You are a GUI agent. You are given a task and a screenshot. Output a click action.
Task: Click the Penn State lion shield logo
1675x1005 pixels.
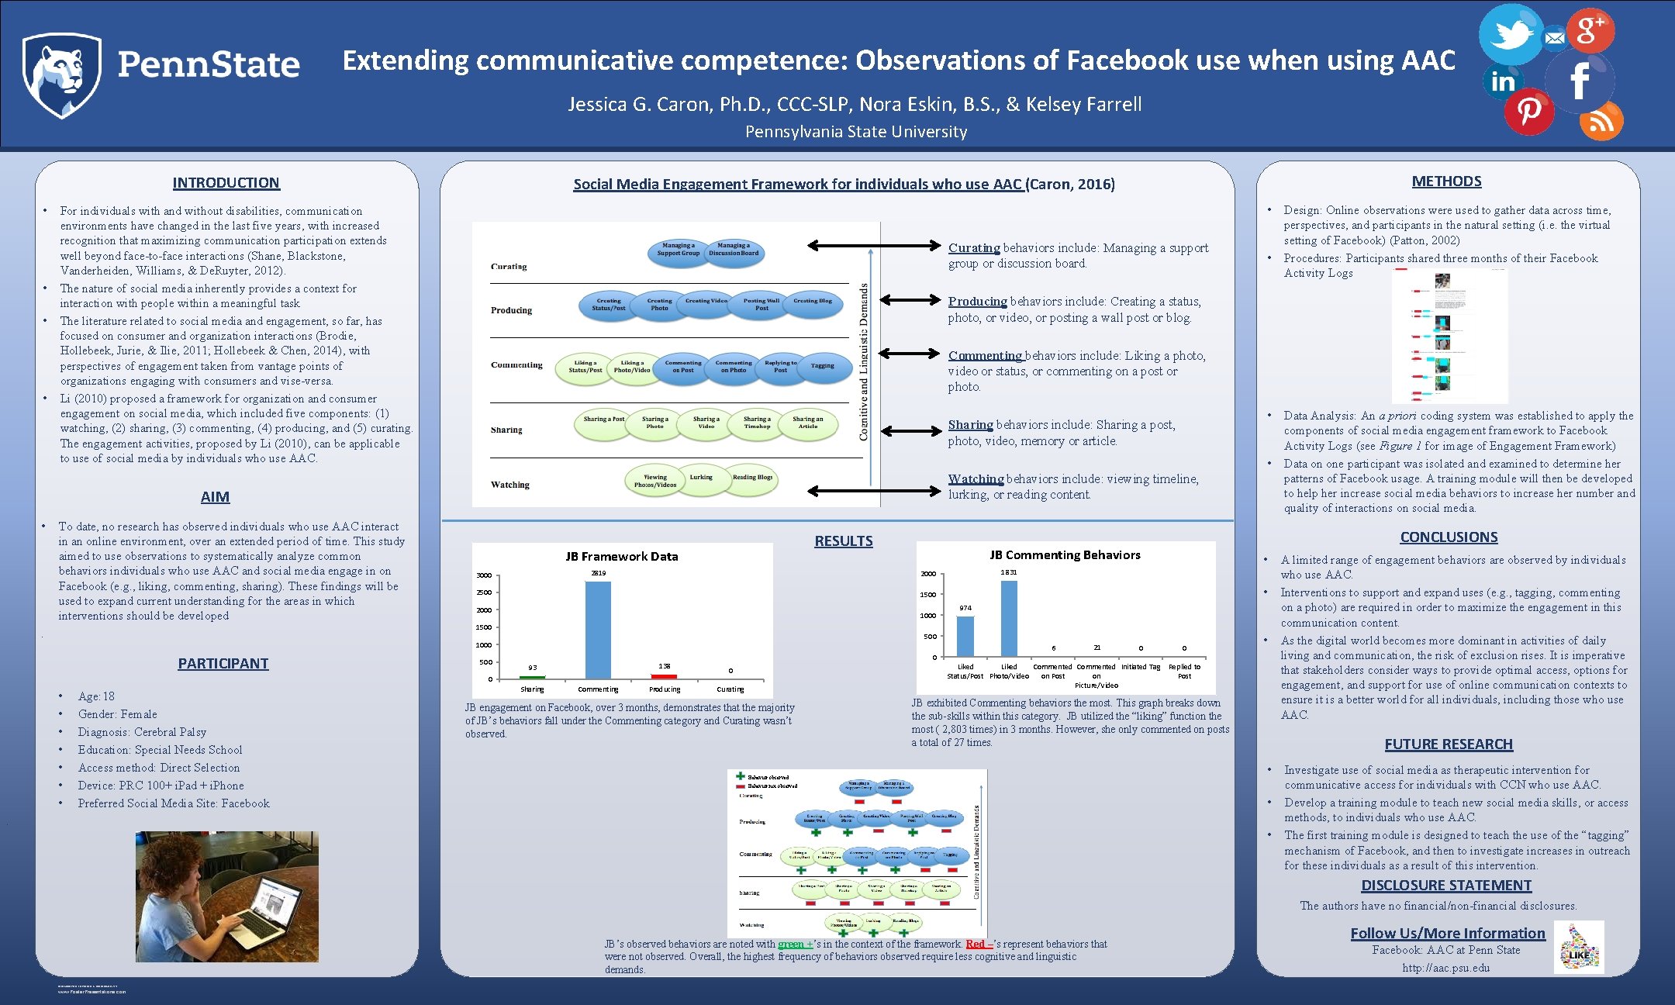tap(61, 75)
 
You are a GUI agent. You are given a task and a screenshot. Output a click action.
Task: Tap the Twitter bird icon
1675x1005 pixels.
tap(1510, 34)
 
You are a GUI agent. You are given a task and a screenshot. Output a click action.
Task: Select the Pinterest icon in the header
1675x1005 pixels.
tap(1528, 111)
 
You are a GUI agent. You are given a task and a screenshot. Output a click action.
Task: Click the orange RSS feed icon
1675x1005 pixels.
tap(1601, 122)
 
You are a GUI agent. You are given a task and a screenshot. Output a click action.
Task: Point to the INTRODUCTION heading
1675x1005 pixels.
tap(226, 183)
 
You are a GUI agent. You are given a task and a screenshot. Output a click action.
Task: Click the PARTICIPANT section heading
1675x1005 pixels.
tap(223, 664)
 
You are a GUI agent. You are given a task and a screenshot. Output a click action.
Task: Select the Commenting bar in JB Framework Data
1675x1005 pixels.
tap(598, 630)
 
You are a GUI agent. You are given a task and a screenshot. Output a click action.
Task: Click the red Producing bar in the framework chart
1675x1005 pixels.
tap(664, 676)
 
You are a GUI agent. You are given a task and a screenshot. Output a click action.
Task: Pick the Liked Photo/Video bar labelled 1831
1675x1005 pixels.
tap(1009, 618)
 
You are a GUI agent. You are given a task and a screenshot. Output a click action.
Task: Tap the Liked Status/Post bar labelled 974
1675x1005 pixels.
tap(965, 636)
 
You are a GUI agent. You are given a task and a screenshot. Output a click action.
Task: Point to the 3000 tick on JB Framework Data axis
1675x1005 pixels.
tap(484, 575)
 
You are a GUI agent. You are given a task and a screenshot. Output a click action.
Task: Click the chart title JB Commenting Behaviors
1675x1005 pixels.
tap(1065, 555)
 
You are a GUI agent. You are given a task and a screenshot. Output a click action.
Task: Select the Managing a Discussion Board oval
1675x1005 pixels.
tap(734, 250)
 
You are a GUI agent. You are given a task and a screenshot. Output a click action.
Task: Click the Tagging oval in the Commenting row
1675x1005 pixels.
tap(823, 366)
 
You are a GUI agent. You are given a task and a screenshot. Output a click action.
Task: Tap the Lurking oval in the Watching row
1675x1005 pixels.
tap(701, 478)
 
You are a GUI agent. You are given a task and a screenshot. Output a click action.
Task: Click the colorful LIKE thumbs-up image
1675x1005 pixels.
tap(1579, 948)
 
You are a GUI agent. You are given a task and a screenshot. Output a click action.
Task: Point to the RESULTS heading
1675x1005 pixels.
tap(843, 541)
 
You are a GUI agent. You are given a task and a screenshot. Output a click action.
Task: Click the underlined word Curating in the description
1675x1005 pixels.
tap(974, 248)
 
